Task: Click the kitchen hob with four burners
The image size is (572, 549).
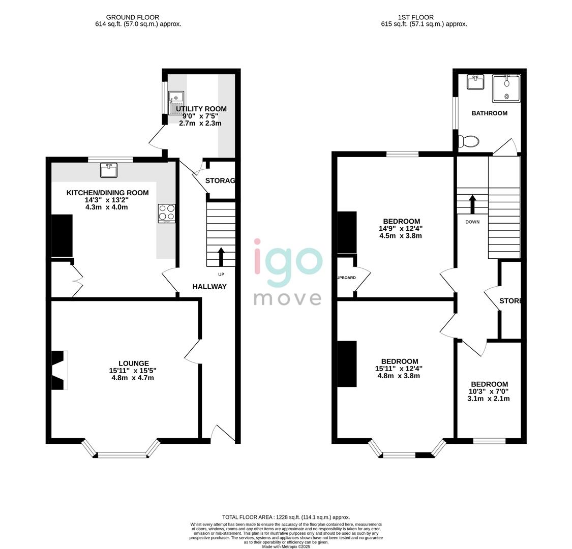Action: pos(167,213)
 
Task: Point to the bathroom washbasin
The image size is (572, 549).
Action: pos(475,82)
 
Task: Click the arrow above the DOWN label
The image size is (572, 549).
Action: pos(472,204)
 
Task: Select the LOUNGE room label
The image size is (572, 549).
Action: pos(134,363)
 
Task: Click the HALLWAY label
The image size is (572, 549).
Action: pos(209,287)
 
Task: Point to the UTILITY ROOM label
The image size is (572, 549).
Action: pos(201,109)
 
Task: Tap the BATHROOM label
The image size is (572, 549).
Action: pos(489,113)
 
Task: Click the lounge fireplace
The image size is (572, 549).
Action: pos(59,370)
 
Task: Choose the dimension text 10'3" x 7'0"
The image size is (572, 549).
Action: pos(488,391)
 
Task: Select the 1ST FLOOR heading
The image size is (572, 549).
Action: pos(416,17)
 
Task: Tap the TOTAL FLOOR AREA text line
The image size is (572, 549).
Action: pos(286,517)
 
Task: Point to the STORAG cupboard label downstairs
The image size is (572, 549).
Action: pos(220,180)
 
